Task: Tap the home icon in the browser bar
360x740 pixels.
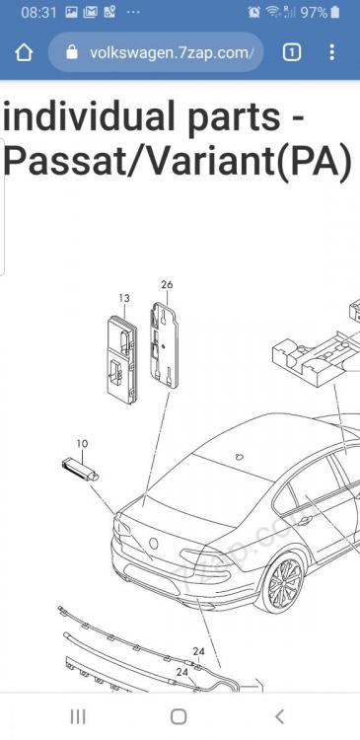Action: pos(24,53)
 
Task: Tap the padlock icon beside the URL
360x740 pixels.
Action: pos(72,52)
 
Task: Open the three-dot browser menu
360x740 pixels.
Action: pos(332,52)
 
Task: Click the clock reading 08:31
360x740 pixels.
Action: pos(38,13)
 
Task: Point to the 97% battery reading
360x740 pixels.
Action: pos(314,13)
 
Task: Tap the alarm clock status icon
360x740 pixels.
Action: pos(254,13)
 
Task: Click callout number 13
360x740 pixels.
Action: pos(124,298)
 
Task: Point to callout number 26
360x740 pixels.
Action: pos(167,284)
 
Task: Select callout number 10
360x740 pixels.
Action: pos(82,444)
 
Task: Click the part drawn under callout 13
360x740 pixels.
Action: pos(121,359)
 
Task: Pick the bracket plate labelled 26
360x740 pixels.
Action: pos(164,346)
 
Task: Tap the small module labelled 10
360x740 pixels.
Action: pos(80,470)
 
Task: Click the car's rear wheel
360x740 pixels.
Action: pos(285,583)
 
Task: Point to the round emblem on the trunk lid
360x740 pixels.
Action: pos(154,544)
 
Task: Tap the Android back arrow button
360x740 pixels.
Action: pos(280,716)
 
